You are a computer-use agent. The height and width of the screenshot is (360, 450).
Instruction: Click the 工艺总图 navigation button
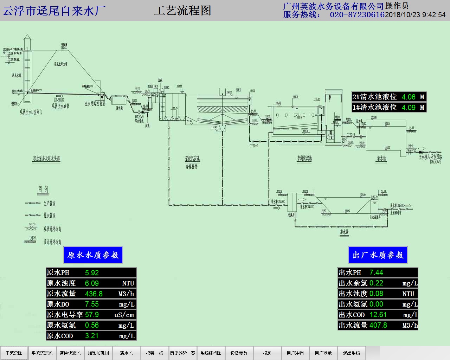[x=14, y=353]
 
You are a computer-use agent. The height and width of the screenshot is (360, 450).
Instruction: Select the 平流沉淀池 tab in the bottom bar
[x=42, y=353]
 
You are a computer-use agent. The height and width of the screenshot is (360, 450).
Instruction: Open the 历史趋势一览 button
[x=182, y=353]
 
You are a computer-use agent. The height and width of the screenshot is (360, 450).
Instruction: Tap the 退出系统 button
[x=351, y=353]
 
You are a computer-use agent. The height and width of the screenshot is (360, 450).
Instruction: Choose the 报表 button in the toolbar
[x=267, y=353]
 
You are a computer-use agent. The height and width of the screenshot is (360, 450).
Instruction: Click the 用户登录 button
[x=323, y=353]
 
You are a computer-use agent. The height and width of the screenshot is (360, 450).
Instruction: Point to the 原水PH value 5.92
[x=92, y=272]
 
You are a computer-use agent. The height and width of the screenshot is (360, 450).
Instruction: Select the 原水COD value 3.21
[x=92, y=336]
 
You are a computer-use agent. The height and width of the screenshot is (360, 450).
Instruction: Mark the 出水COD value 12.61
[x=378, y=315]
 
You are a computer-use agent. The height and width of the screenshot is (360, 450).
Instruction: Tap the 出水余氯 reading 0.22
[x=376, y=283]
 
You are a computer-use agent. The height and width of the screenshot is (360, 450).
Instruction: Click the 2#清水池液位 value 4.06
[x=409, y=97]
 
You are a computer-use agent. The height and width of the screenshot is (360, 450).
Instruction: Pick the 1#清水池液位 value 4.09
[x=409, y=107]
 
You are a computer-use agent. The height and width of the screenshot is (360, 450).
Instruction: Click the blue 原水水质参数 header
[x=93, y=255]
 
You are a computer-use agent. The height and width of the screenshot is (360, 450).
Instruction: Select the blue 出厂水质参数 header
[x=378, y=255]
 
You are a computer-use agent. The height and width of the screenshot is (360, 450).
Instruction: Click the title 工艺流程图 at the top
[x=182, y=11]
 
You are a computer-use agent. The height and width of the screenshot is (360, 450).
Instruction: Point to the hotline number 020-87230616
[x=357, y=15]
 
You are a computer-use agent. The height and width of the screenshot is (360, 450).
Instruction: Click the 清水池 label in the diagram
[x=381, y=158]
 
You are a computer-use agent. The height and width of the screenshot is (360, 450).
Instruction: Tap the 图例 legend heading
[x=43, y=189]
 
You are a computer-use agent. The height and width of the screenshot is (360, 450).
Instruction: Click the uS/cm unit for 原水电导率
[x=124, y=315]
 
